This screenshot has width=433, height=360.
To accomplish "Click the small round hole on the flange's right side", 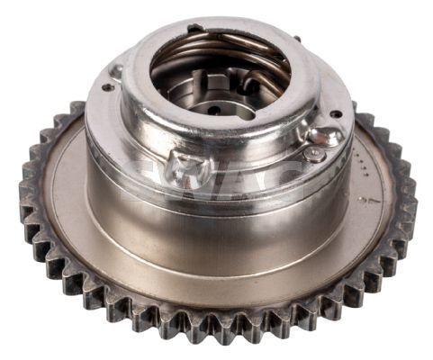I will tap(336, 114).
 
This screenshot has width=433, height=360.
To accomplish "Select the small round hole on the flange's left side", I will tap(108, 87).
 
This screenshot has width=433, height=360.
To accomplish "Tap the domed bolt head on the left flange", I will tap(115, 70).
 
